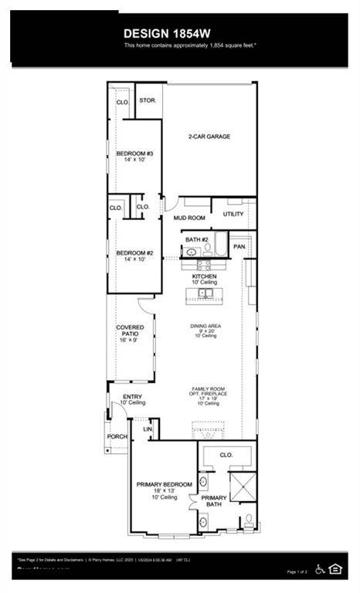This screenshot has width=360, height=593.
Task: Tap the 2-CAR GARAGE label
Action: pos(209,137)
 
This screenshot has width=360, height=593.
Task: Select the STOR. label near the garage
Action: pos(147,100)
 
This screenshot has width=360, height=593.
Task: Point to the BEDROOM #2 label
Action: pos(135,253)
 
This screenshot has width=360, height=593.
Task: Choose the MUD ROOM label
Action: pos(188,219)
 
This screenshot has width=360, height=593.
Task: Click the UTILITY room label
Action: pos(233,214)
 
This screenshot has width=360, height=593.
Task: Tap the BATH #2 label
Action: pos(197,240)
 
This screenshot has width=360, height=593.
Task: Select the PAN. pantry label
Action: pos(239,246)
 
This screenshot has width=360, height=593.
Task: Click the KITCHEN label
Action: pos(205,276)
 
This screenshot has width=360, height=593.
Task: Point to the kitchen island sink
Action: pos(205,294)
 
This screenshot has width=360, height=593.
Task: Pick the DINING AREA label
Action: pos(206,326)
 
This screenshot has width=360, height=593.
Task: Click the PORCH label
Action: pos(117,437)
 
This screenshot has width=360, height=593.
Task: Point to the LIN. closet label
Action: pos(147,429)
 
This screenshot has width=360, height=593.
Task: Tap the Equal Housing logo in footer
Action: pos(335,569)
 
